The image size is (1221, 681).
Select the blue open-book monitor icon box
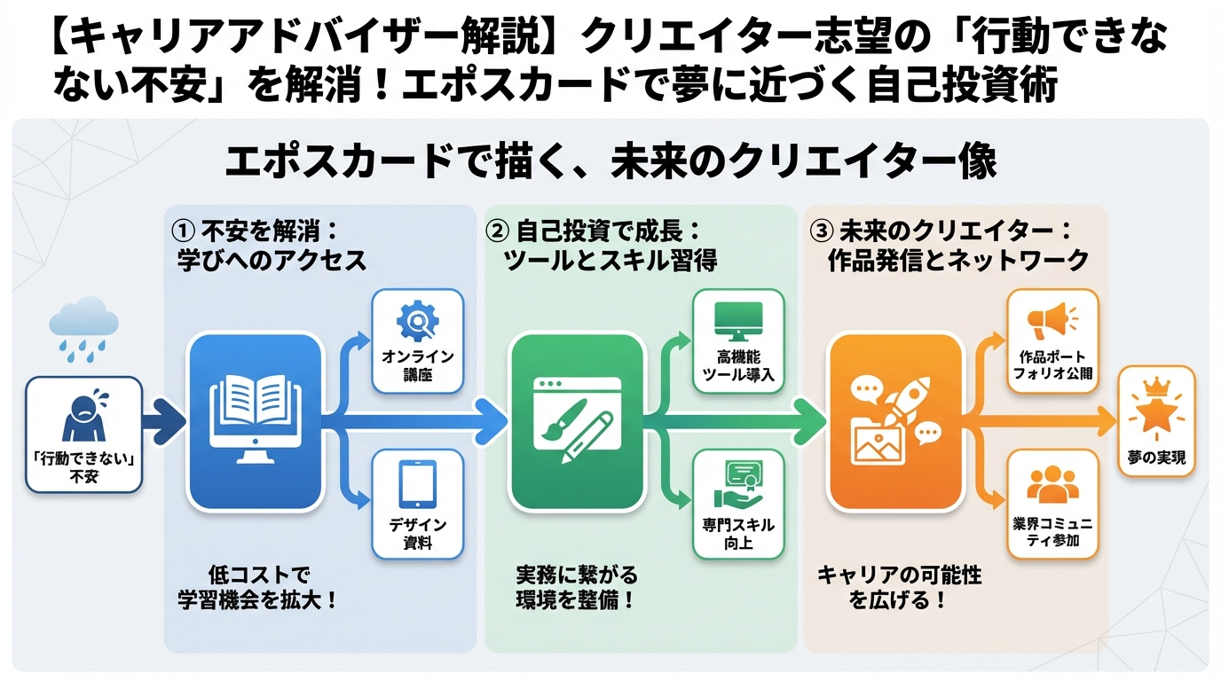pyautogui.click(x=254, y=422)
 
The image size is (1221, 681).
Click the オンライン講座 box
pyautogui.click(x=417, y=340)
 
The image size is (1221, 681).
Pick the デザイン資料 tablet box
pyautogui.click(x=417, y=504)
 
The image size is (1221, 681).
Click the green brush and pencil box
pyautogui.click(x=576, y=422)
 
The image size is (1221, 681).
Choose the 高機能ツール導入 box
pyautogui.click(x=738, y=340)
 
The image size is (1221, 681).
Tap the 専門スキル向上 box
pyautogui.click(x=738, y=504)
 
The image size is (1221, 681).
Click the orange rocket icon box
pyautogui.click(x=895, y=422)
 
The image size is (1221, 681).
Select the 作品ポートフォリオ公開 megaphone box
pyautogui.click(x=1053, y=340)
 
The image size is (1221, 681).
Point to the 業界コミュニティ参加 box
pyautogui.click(x=1053, y=504)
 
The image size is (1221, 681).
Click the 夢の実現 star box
pyautogui.click(x=1156, y=422)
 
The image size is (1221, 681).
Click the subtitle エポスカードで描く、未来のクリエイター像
pyautogui.click(x=610, y=162)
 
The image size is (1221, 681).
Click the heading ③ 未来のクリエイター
pyautogui.click(x=945, y=245)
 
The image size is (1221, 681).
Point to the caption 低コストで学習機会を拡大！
pyautogui.click(x=257, y=587)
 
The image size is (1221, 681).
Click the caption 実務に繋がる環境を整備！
pyautogui.click(x=576, y=587)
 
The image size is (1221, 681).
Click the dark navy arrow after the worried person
pyautogui.click(x=164, y=422)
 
